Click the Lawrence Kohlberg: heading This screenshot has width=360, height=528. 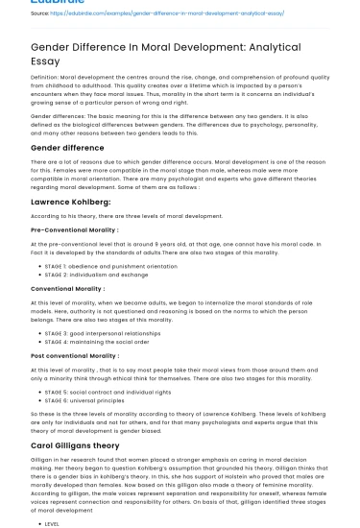click(72, 202)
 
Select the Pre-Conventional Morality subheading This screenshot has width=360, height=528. click(74, 230)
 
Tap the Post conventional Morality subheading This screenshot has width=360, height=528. click(75, 355)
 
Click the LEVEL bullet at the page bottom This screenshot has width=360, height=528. click(52, 524)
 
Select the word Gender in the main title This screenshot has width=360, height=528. click(56, 45)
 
